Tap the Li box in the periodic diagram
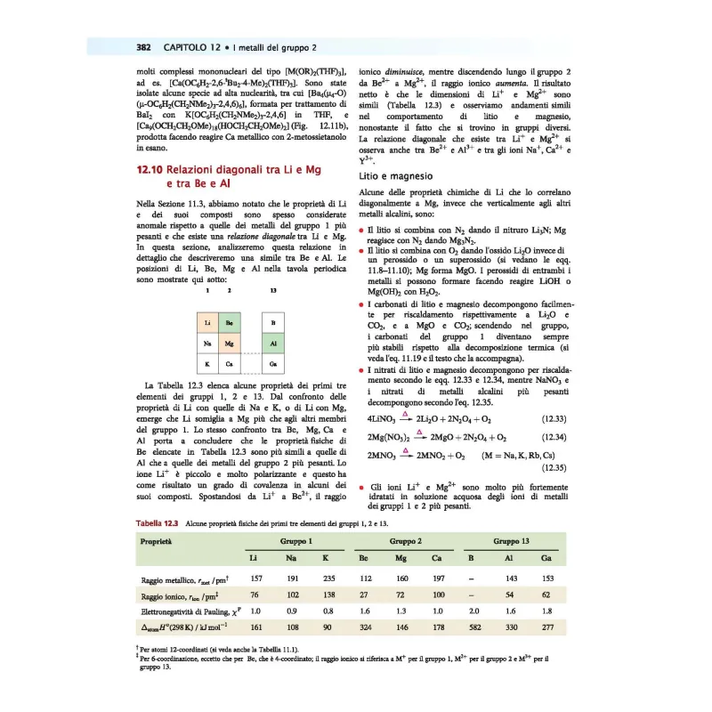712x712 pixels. pyautogui.click(x=206, y=321)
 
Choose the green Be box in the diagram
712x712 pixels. pyautogui.click(x=230, y=321)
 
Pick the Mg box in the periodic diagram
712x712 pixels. pyautogui.click(x=230, y=343)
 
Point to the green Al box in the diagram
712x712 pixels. pyautogui.click(x=272, y=343)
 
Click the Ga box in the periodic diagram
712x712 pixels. pyautogui.click(x=272, y=364)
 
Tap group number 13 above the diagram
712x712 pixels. pyautogui.click(x=272, y=290)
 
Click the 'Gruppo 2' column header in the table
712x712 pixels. pyautogui.click(x=405, y=541)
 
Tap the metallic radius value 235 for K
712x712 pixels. pyautogui.click(x=327, y=580)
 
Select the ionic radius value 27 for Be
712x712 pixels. pyautogui.click(x=363, y=595)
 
